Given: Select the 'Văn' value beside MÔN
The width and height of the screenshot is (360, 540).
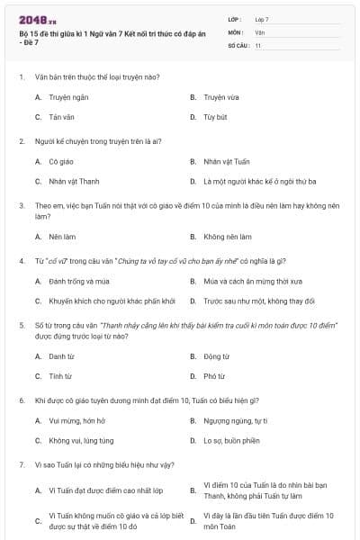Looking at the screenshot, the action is (x=260, y=31).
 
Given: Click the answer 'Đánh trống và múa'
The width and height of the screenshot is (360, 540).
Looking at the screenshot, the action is (x=79, y=281).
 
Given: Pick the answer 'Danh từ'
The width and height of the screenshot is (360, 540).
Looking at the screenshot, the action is (x=61, y=356).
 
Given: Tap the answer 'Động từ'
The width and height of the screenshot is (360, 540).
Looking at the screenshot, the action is (x=216, y=356).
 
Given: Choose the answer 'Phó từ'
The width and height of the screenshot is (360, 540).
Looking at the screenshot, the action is (x=214, y=376).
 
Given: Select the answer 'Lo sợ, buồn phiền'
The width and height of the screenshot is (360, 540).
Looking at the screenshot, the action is (x=231, y=440).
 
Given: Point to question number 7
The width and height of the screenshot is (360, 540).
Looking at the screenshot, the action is (x=21, y=464).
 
